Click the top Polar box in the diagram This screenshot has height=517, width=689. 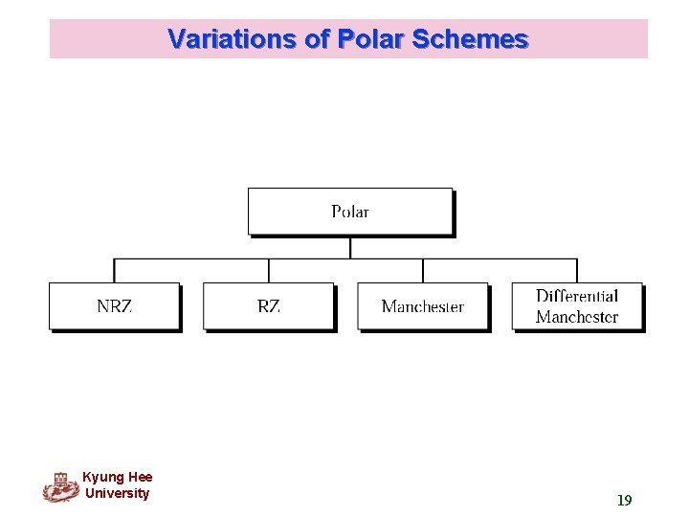pyautogui.click(x=350, y=212)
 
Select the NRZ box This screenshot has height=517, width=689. pyautogui.click(x=115, y=306)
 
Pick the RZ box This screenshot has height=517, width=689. pyautogui.click(x=269, y=306)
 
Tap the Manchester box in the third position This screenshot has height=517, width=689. pyautogui.click(x=423, y=306)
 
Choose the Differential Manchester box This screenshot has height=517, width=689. pyautogui.click(x=577, y=306)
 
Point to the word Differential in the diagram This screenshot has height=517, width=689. pyautogui.click(x=577, y=296)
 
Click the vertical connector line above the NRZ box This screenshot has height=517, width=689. pyautogui.click(x=115, y=270)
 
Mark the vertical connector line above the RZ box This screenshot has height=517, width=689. pyautogui.click(x=269, y=270)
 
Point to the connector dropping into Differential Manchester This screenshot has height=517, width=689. pyautogui.click(x=577, y=270)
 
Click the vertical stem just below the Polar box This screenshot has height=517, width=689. pyautogui.click(x=350, y=247)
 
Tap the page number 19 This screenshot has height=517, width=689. pyautogui.click(x=624, y=500)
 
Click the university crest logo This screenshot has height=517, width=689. pyautogui.click(x=60, y=487)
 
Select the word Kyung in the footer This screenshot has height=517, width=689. pyautogui.click(x=100, y=477)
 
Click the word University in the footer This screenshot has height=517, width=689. pyautogui.click(x=117, y=493)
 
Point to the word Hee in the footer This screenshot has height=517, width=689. pyautogui.click(x=138, y=477)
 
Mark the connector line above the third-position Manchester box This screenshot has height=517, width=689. pyautogui.click(x=423, y=270)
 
